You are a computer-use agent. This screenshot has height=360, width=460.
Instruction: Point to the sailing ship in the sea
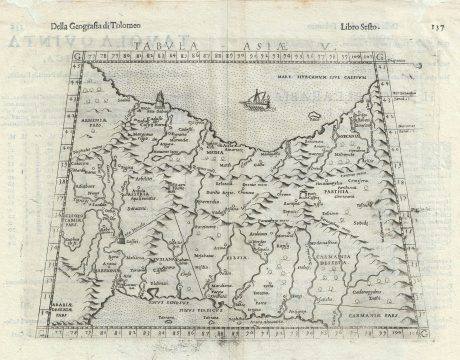point(257,97)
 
